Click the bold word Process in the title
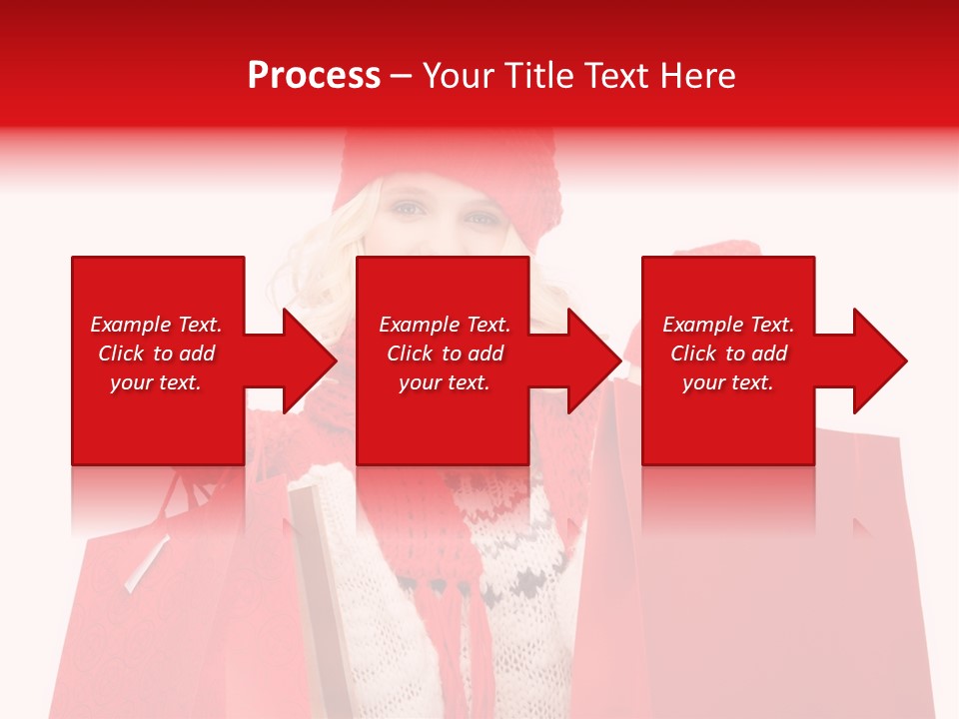(314, 76)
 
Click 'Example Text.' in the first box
(156, 325)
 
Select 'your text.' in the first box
(156, 382)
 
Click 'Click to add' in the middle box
(445, 354)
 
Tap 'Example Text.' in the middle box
(445, 325)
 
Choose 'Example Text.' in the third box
(728, 325)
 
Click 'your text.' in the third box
(728, 382)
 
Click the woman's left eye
(406, 209)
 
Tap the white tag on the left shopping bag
(146, 564)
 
